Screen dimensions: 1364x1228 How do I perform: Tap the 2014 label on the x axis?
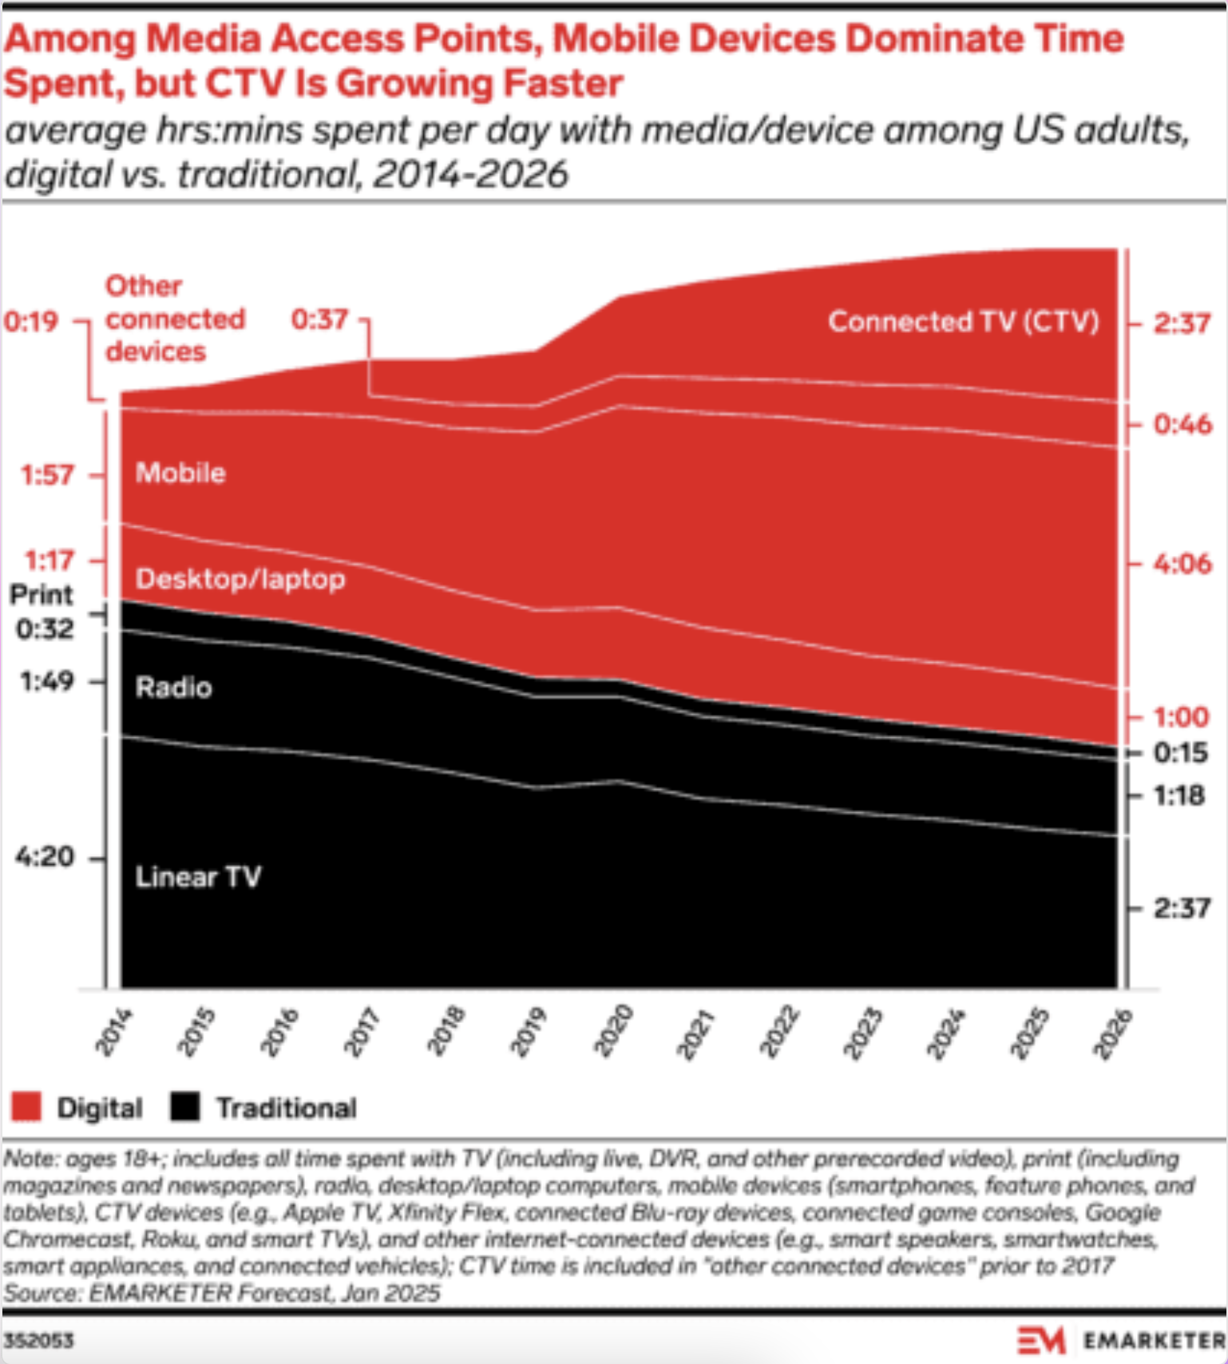click(x=114, y=1032)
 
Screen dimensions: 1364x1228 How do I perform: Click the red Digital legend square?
click(x=26, y=1107)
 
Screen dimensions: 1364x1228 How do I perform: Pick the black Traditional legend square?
click(x=185, y=1107)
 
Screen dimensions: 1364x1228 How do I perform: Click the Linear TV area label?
click(x=198, y=877)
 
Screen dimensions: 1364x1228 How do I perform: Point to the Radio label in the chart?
click(x=174, y=687)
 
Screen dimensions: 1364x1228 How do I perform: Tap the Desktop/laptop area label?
click(x=240, y=579)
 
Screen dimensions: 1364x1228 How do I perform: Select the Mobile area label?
click(x=180, y=473)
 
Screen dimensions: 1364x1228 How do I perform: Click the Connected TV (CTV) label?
click(x=963, y=321)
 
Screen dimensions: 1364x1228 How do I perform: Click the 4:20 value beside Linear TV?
click(x=44, y=857)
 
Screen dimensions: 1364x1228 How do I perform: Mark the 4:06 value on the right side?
click(x=1182, y=564)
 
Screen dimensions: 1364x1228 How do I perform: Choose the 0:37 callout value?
click(x=319, y=319)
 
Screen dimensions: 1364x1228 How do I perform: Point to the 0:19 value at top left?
click(x=30, y=321)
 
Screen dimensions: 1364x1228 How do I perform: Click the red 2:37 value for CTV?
click(x=1182, y=323)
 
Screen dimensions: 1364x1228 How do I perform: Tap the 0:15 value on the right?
click(x=1180, y=752)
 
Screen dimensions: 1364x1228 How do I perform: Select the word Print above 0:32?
click(x=41, y=595)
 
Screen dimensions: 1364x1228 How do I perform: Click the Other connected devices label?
click(x=174, y=319)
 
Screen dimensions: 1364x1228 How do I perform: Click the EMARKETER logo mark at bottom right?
click(x=1041, y=1340)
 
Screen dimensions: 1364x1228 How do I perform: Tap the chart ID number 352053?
click(x=38, y=1340)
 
